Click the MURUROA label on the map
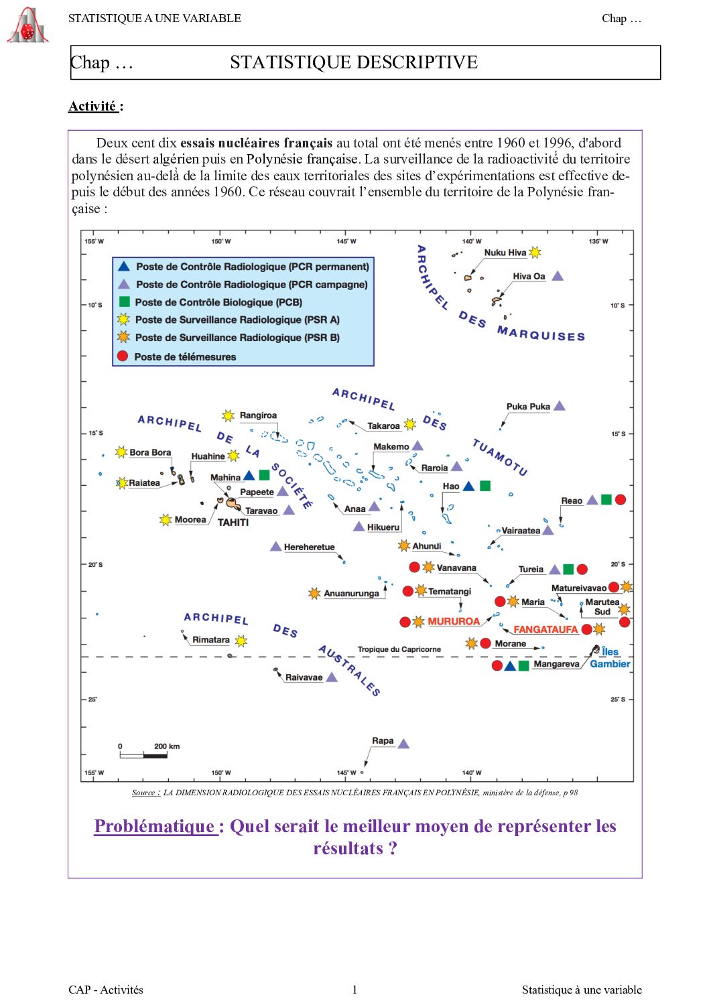click(x=454, y=621)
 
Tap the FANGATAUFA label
click(x=545, y=629)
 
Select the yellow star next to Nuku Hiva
click(x=535, y=253)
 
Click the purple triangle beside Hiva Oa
click(x=557, y=276)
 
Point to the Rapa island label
click(x=383, y=740)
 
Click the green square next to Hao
click(x=485, y=486)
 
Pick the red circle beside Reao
click(x=621, y=499)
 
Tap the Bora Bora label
click(x=150, y=452)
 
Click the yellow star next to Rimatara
click(x=241, y=641)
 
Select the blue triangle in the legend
click(x=123, y=266)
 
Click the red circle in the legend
click(x=123, y=356)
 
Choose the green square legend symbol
click(x=124, y=302)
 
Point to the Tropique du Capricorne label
click(x=399, y=649)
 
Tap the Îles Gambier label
click(x=610, y=657)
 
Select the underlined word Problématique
click(x=155, y=826)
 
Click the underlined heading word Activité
click(x=93, y=106)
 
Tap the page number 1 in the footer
click(x=354, y=990)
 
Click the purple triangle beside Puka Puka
click(x=560, y=406)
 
